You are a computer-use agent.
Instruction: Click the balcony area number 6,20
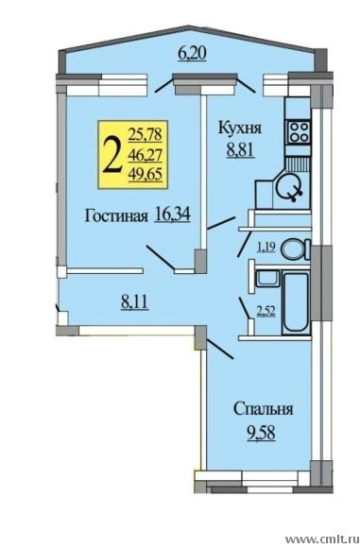(192, 54)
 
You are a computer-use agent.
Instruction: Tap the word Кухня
(240, 128)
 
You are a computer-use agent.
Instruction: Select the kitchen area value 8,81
(240, 151)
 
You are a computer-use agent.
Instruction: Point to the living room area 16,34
(172, 214)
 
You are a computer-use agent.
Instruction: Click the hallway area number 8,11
(135, 302)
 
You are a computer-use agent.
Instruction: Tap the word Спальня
(264, 409)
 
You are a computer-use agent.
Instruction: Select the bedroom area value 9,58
(261, 434)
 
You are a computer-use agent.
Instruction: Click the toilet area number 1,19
(266, 248)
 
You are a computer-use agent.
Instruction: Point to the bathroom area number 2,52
(266, 312)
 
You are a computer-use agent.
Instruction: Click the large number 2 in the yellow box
(111, 155)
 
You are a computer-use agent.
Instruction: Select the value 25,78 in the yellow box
(146, 134)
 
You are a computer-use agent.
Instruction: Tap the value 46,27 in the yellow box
(146, 154)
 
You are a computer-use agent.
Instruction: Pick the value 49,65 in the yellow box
(146, 174)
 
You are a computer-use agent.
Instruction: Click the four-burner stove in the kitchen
(299, 132)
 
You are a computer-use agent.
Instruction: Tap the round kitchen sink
(289, 188)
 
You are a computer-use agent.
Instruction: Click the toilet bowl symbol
(297, 248)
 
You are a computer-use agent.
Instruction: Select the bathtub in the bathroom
(296, 303)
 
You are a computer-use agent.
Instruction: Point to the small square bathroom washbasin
(267, 278)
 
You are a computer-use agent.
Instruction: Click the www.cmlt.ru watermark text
(322, 538)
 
